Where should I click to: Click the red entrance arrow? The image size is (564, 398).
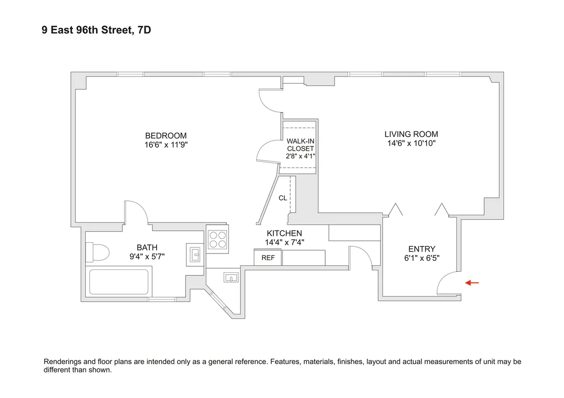coord(472,283)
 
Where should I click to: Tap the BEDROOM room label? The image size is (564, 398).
coord(166,136)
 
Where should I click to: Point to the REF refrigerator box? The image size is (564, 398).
coord(268,258)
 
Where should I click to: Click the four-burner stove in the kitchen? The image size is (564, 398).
coord(217,239)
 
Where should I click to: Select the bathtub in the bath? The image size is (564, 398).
coord(118,282)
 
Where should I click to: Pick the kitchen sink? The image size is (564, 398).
coord(231,278)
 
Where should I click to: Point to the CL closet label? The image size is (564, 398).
coord(282,198)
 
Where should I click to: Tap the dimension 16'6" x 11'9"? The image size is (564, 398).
coord(166,145)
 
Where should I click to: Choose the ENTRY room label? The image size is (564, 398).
coord(422,249)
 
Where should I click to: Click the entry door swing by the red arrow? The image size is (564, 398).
coord(447,283)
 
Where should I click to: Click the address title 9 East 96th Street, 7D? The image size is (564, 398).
coord(96,31)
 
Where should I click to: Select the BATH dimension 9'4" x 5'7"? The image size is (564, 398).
coord(147,256)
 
